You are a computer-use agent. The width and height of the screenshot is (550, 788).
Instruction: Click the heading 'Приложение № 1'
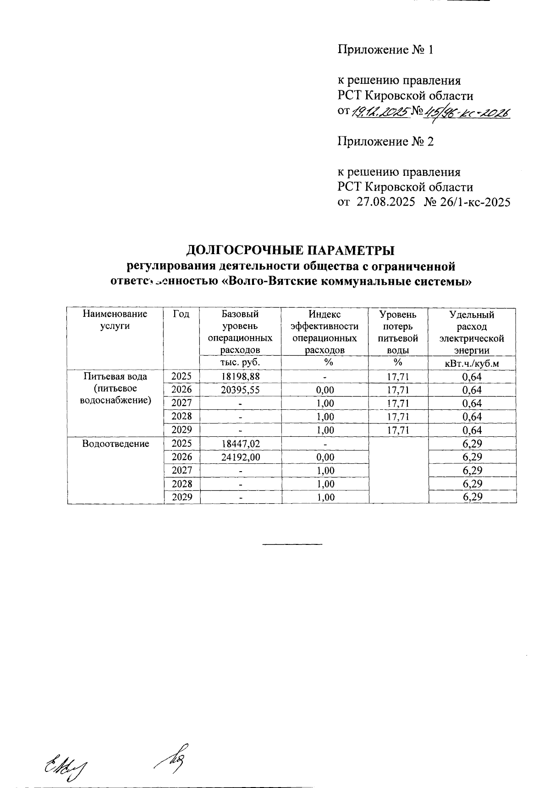pyautogui.click(x=385, y=50)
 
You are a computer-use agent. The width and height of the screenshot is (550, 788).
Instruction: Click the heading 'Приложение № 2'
pyautogui.click(x=385, y=141)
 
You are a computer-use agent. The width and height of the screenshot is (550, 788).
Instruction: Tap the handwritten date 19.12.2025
pyautogui.click(x=380, y=111)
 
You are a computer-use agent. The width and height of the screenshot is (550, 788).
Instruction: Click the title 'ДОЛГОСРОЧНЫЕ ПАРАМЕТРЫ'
pyautogui.click(x=291, y=250)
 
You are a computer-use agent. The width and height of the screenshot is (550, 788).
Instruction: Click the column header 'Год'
pyautogui.click(x=181, y=314)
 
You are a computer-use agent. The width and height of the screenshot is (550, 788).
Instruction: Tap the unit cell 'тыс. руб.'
pyautogui.click(x=240, y=362)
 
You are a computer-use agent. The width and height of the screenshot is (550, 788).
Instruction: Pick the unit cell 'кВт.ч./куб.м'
pyautogui.click(x=472, y=364)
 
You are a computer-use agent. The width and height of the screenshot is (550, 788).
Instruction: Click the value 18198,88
pyautogui.click(x=240, y=377)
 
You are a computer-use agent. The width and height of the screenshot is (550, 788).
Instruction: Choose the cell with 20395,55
pyautogui.click(x=240, y=390)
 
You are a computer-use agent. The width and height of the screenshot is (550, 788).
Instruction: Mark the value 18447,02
pyautogui.click(x=240, y=444)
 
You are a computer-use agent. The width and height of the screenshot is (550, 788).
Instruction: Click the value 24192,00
pyautogui.click(x=240, y=457)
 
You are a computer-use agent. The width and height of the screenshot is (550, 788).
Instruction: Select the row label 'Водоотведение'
pyautogui.click(x=115, y=444)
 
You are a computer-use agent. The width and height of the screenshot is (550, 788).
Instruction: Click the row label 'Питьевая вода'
pyautogui.click(x=115, y=377)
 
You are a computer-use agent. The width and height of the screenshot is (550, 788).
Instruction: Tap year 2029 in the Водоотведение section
pyautogui.click(x=181, y=497)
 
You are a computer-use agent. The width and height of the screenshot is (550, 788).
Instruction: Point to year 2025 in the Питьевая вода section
pyautogui.click(x=181, y=377)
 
